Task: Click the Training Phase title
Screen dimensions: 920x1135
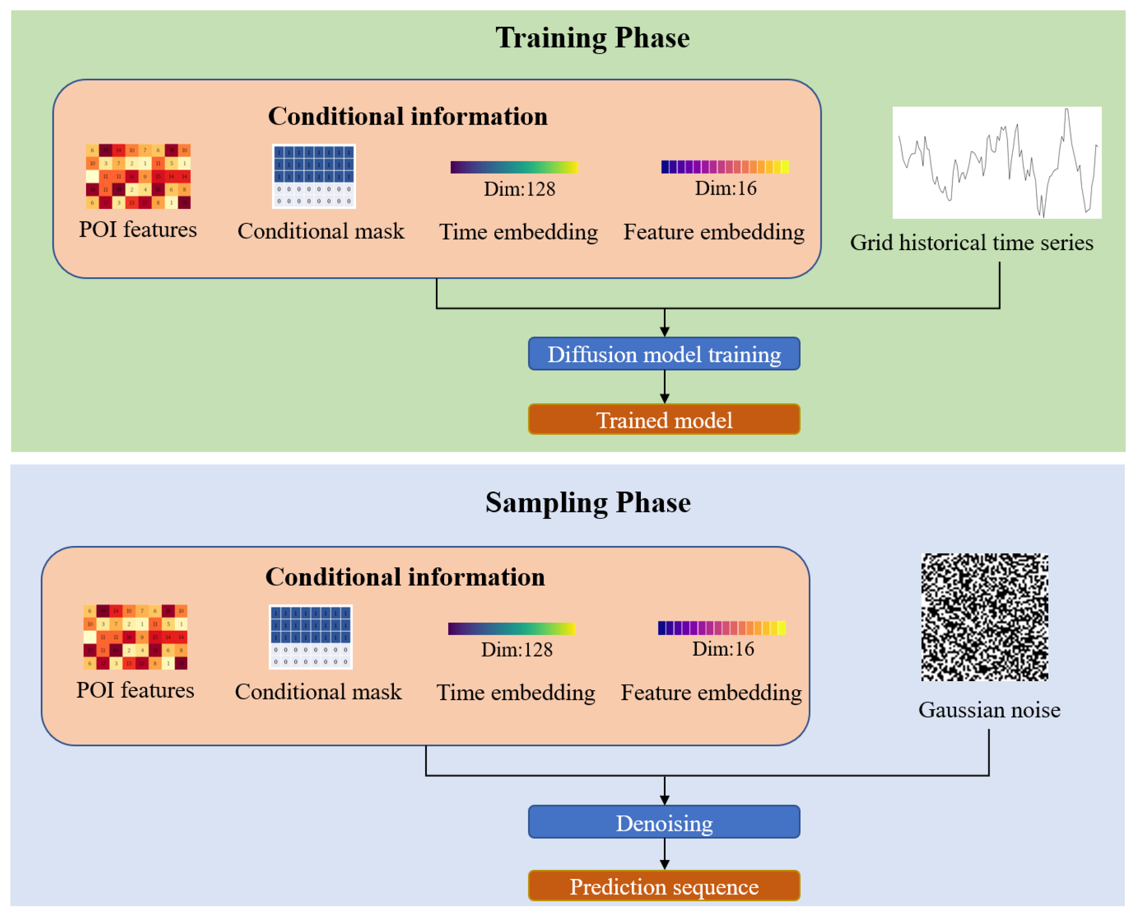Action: tap(592, 38)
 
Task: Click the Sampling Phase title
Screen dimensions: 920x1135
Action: tap(588, 502)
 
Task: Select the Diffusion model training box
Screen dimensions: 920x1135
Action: tap(664, 354)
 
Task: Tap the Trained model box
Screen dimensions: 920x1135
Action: tap(664, 420)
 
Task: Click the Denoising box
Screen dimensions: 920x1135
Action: tap(664, 823)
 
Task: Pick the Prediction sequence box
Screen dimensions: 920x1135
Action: tap(664, 887)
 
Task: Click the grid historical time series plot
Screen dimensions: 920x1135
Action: tap(996, 163)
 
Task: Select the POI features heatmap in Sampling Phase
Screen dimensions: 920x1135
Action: tap(135, 637)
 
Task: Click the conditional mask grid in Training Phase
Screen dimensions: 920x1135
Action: tap(314, 177)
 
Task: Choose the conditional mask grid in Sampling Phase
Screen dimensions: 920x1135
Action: tap(311, 637)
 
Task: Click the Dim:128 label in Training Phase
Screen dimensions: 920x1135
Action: tap(519, 189)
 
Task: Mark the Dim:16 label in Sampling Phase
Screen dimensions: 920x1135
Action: tap(723, 649)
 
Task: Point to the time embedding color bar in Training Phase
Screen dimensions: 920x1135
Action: tap(514, 167)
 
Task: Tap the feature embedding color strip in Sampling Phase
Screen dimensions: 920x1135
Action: tap(722, 628)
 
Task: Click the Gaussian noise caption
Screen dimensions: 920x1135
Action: tap(989, 710)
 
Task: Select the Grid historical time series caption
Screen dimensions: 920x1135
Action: tap(971, 243)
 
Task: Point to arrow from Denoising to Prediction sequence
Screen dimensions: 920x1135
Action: tap(665, 854)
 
